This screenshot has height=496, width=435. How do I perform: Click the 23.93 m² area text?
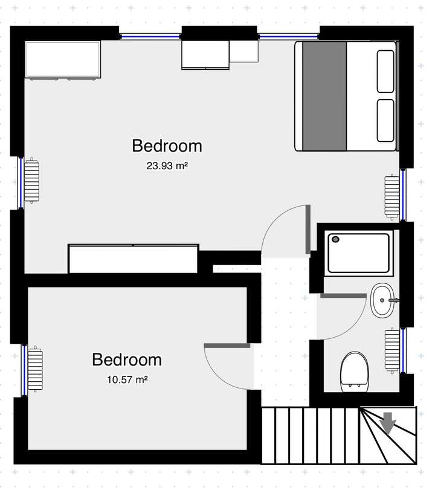pos(167,166)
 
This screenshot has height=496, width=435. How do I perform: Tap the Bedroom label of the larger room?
pos(167,146)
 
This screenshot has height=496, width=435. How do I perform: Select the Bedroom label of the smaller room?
pos(126,359)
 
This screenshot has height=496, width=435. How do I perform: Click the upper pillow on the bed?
pos(385,71)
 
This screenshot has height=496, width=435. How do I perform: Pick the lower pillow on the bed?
pos(385,120)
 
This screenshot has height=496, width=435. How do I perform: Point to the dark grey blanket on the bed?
pos(323,96)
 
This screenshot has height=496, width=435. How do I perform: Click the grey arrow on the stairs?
pos(387,423)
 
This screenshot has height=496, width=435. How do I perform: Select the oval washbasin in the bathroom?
pos(382,300)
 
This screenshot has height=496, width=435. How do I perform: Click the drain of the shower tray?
pos(336,239)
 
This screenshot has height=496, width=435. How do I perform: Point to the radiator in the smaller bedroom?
pos(35,369)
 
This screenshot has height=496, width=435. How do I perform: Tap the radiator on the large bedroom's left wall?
pos(31,182)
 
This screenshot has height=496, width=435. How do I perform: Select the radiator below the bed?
pos(392,197)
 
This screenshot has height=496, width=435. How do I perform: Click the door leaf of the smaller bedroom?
pos(227,346)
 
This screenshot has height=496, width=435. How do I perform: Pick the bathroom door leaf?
pos(343,295)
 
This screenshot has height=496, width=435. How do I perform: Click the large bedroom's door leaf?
pos(308,229)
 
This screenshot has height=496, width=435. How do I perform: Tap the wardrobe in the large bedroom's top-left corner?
pos(63,60)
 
